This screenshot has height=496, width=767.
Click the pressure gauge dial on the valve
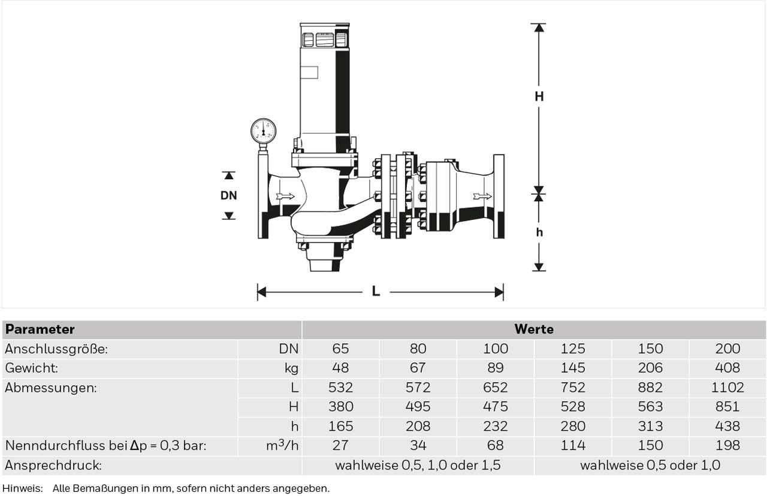pyautogui.click(x=263, y=131)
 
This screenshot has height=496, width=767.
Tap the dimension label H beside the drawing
pyautogui.click(x=539, y=97)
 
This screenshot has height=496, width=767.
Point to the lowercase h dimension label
pyautogui.click(x=539, y=232)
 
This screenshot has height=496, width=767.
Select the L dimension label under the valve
pyautogui.click(x=376, y=292)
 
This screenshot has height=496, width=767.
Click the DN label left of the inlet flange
pyautogui.click(x=229, y=195)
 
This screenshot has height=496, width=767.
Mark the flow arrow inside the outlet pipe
pyautogui.click(x=483, y=196)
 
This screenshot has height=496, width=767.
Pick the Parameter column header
pyautogui.click(x=40, y=329)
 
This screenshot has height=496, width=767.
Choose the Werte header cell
pyautogui.click(x=534, y=329)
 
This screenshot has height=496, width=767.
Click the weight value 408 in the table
pyautogui.click(x=727, y=368)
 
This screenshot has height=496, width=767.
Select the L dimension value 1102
pyautogui.click(x=727, y=388)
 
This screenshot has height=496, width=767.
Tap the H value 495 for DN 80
pyautogui.click(x=418, y=407)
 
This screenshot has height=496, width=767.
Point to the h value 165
pyautogui.click(x=341, y=426)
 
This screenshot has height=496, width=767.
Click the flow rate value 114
pyautogui.click(x=573, y=445)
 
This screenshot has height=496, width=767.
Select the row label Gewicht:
pyautogui.click(x=32, y=368)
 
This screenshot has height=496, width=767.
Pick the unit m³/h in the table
pyautogui.click(x=282, y=445)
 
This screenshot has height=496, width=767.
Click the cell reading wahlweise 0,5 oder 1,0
pyautogui.click(x=650, y=465)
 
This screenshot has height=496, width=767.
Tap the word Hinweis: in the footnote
pyautogui.click(x=23, y=488)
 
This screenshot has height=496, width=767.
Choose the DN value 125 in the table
pyautogui.click(x=573, y=349)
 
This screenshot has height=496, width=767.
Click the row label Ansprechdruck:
pyautogui.click(x=53, y=465)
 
